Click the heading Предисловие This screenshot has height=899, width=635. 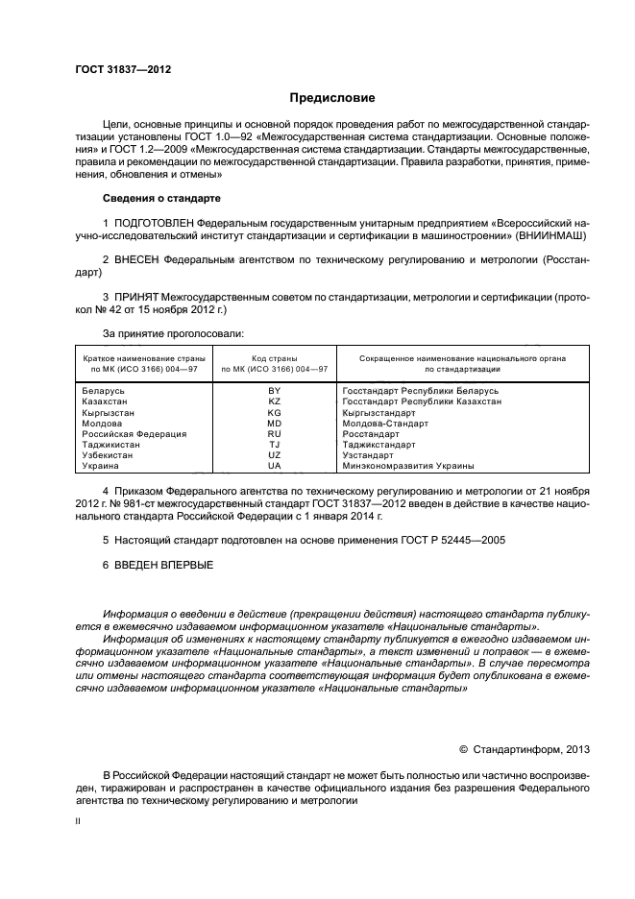point(332,98)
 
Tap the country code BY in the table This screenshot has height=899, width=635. point(274,391)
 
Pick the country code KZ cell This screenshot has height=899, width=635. point(274,401)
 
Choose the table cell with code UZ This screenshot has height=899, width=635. point(274,454)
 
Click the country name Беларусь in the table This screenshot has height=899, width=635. point(105,391)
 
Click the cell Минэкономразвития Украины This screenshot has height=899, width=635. point(408,465)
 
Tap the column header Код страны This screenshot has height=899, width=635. point(274,357)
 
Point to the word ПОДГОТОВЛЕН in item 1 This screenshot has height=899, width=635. point(159,223)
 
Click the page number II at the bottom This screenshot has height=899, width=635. point(79,823)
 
